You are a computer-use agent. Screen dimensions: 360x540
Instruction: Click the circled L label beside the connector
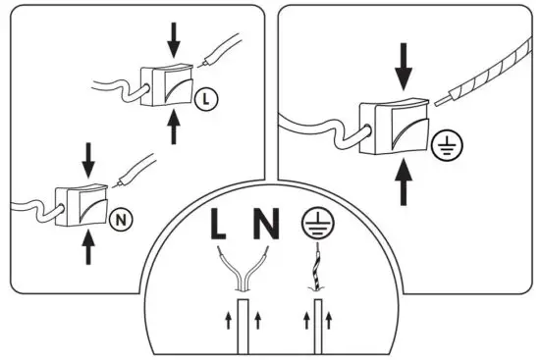pos(203,97)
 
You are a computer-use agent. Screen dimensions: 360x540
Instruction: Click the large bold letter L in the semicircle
pos(220,226)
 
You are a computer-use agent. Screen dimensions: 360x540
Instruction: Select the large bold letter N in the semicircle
pos(266,226)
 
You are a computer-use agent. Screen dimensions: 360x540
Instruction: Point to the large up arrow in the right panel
pos(405,182)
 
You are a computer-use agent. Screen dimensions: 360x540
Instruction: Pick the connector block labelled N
pos(81,205)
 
